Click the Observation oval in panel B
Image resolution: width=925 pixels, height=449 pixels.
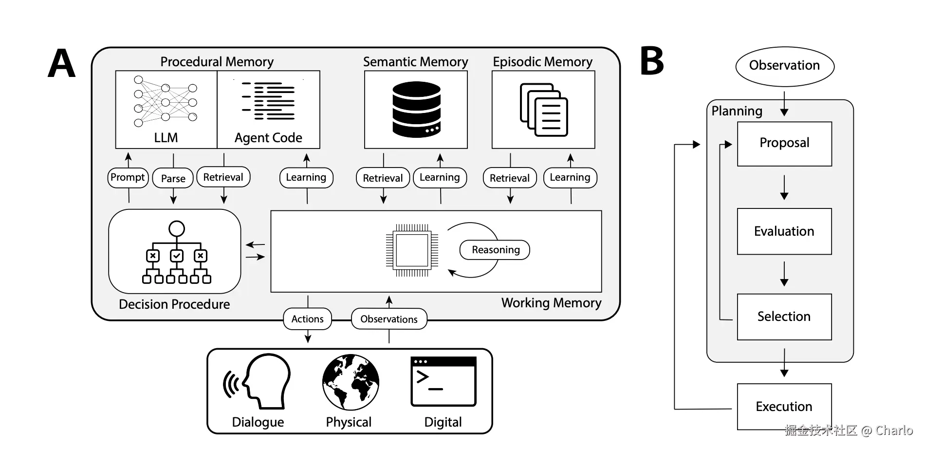[x=784, y=66]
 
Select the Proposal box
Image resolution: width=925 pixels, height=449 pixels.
[x=784, y=143]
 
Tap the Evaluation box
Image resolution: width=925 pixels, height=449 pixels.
[x=784, y=231]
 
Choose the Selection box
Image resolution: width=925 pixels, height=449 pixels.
[x=784, y=317]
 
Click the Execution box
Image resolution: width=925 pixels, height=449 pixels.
[x=784, y=407]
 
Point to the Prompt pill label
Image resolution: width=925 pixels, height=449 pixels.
[x=128, y=177]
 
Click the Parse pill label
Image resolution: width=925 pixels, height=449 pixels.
[x=173, y=178]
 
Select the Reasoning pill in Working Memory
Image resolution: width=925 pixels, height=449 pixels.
[x=495, y=250]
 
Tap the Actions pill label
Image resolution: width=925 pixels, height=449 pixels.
[x=307, y=319]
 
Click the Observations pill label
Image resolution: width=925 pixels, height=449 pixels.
[x=388, y=319]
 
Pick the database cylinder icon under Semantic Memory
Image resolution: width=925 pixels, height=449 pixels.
[x=416, y=109]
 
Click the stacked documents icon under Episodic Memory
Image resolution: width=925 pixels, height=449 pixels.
[x=544, y=110]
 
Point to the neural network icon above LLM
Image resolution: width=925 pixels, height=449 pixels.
[x=166, y=101]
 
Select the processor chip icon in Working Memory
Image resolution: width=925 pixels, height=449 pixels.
[x=412, y=250]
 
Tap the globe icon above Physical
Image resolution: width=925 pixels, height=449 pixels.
[x=351, y=382]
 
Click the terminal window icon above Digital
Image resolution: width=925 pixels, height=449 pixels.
[x=443, y=381]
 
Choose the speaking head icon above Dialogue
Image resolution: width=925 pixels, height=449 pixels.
[x=258, y=381]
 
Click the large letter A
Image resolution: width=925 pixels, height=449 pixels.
[x=62, y=63]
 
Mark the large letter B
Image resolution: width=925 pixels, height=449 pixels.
[x=652, y=61]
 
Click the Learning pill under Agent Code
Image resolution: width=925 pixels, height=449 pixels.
[x=306, y=177]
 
